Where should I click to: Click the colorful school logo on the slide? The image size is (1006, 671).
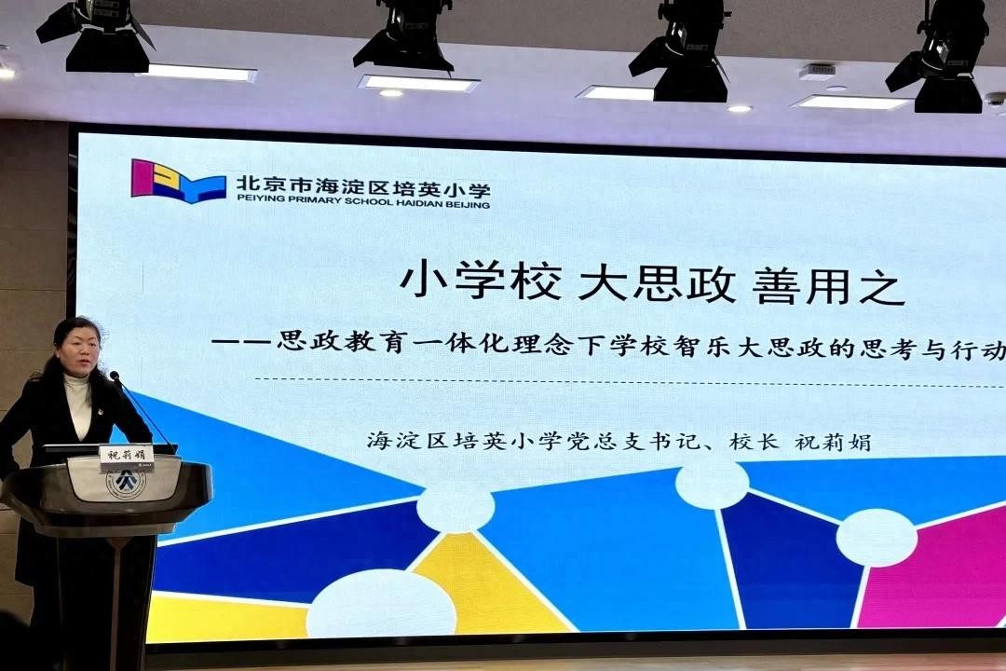tap(178, 181)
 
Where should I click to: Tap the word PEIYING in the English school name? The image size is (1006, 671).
tap(254, 199)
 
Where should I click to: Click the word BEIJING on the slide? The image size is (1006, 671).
tap(470, 204)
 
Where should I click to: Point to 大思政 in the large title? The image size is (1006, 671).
tap(657, 283)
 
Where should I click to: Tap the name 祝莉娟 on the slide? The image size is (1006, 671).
tap(834, 442)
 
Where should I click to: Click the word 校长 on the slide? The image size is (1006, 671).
tap(754, 441)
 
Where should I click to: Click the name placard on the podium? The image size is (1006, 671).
tap(127, 455)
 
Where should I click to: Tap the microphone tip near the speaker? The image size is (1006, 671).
tap(115, 376)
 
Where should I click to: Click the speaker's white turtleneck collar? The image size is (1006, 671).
tap(77, 384)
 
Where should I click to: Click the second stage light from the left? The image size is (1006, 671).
tap(405, 38)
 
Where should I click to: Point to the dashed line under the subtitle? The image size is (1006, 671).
tap(630, 383)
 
